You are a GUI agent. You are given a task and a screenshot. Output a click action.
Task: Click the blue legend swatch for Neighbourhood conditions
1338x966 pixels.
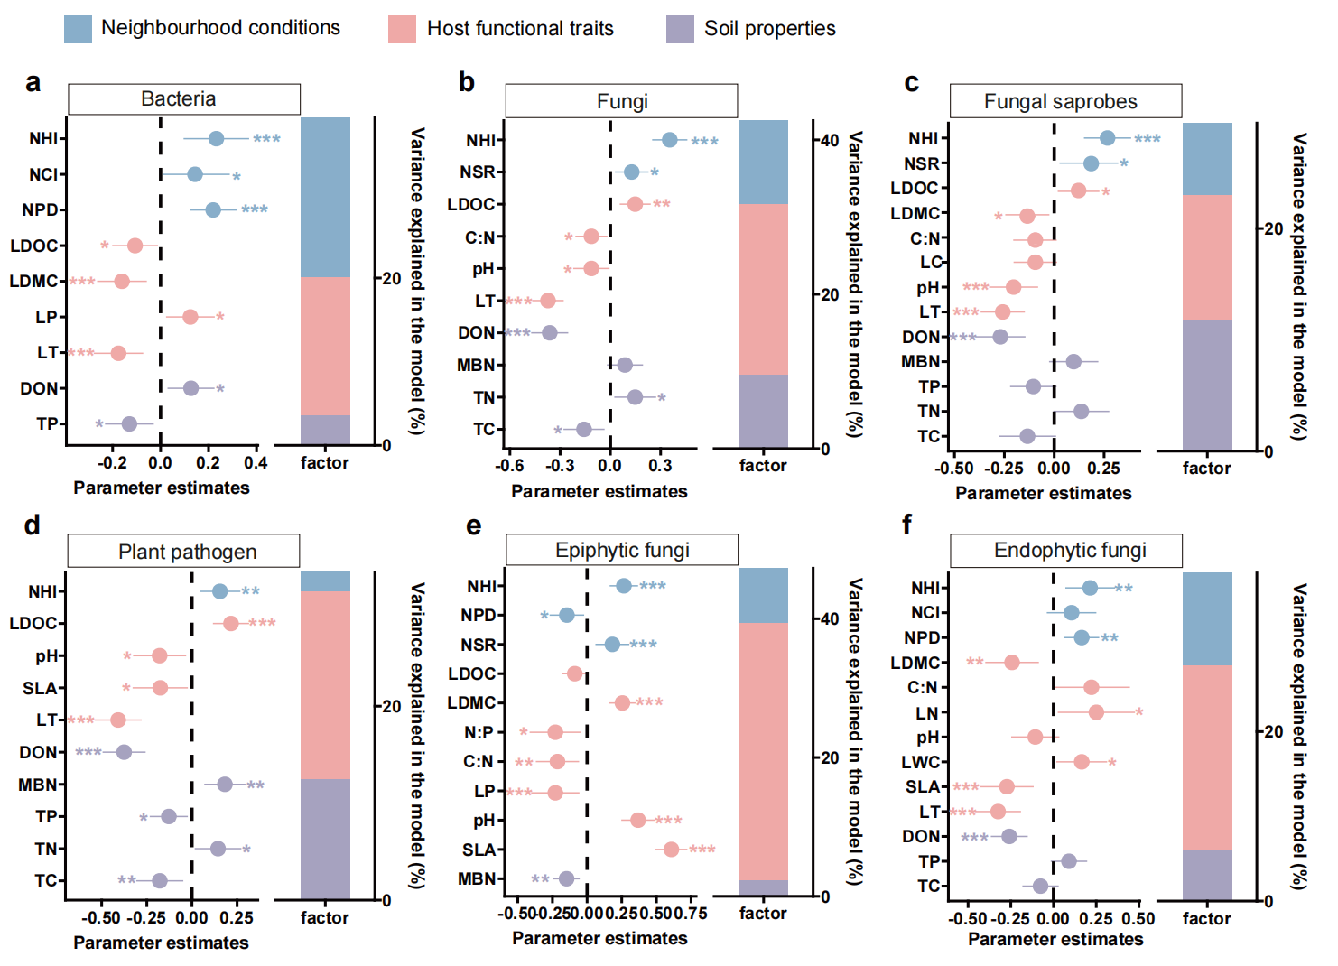pos(78,29)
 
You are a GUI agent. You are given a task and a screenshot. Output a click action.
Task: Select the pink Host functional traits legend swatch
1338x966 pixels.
pos(402,29)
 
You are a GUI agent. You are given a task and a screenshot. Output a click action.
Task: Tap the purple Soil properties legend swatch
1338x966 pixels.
pos(680,29)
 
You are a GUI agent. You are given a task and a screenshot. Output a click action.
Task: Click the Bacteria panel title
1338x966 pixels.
pos(179,98)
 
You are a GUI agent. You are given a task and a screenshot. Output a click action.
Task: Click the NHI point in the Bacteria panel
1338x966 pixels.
pos(216,138)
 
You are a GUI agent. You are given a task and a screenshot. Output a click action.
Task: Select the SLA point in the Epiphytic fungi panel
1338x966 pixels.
pos(671,850)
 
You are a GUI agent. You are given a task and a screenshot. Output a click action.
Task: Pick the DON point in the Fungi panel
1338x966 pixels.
pos(549,332)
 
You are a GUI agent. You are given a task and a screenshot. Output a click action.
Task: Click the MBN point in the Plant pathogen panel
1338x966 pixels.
pos(225,785)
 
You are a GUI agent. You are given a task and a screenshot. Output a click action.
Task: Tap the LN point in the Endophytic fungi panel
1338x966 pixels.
pos(1096,712)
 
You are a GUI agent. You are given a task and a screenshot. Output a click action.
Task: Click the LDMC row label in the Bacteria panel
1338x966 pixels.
pos(33,282)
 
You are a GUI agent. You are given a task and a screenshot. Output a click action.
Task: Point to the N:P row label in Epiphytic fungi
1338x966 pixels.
pos(479,732)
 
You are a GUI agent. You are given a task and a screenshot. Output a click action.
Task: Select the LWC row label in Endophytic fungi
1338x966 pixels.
pos(920,762)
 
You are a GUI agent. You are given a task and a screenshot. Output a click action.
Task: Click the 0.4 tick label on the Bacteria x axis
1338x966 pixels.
pos(256,463)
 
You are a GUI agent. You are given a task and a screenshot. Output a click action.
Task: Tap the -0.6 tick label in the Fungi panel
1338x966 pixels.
pos(509,466)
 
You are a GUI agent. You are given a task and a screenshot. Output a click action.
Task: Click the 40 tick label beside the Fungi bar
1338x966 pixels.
pos(830,141)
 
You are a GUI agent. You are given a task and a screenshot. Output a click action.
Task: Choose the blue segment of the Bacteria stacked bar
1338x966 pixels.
pos(325,197)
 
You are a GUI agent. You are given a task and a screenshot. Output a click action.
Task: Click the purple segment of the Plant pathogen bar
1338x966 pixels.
pos(325,839)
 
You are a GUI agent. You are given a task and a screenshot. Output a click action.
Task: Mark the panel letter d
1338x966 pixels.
pos(33,525)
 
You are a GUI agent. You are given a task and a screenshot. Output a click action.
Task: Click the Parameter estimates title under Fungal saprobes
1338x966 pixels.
pos(1043,493)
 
